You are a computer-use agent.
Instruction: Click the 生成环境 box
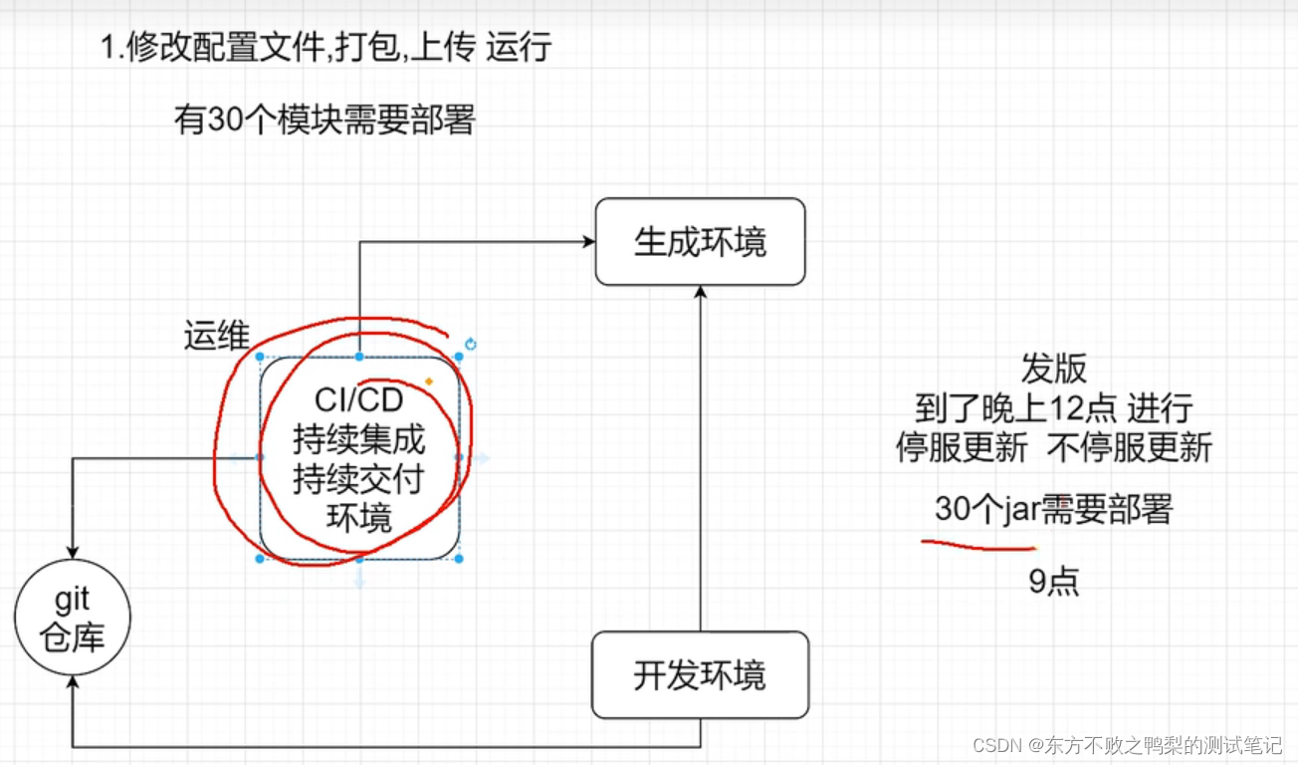pos(700,242)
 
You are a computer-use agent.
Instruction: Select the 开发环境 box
pos(700,675)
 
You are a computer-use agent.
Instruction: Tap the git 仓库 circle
pos(73,619)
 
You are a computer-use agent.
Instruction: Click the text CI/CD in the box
pos(359,400)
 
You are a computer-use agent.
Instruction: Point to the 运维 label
pos(216,336)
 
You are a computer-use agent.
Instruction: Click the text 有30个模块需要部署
pos(324,121)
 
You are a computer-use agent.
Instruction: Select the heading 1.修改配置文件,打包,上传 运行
pos(325,47)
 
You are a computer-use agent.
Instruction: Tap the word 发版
pos(1053,369)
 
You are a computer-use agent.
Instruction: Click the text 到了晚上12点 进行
pos(1053,407)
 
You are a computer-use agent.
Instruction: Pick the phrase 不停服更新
pos(1130,447)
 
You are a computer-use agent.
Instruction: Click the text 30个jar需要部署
pos(1053,509)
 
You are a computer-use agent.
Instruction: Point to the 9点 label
pos(1053,581)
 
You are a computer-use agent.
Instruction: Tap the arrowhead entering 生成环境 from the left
pos(588,241)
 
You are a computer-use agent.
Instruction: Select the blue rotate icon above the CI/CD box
pos(471,345)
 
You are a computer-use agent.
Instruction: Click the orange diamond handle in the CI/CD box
pos(429,382)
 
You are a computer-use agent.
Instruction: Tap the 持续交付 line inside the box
pos(358,479)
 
